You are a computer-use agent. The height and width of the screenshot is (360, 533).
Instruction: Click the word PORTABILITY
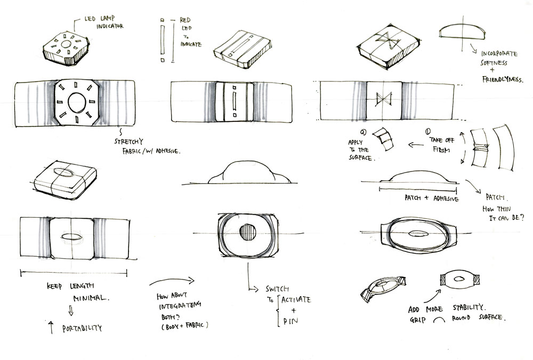point(82,329)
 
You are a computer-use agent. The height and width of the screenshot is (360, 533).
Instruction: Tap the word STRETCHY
point(128,142)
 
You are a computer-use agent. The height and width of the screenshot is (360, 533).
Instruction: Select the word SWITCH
point(277,289)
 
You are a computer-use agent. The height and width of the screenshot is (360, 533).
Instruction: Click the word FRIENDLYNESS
point(503,79)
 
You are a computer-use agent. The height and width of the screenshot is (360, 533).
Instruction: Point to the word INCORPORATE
point(499,54)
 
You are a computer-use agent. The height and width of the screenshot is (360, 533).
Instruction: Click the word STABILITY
point(469,308)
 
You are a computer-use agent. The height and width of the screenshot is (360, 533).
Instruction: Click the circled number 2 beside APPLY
point(363,132)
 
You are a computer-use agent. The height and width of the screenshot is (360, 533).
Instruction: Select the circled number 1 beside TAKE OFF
point(428,132)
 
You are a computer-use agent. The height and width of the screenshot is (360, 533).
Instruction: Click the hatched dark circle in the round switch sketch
point(247,232)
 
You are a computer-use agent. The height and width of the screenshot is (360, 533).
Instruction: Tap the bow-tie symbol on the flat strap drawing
point(384,100)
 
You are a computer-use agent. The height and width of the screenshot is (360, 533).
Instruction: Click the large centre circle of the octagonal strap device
point(77,103)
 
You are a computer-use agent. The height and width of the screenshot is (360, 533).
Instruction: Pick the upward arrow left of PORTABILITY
point(51,327)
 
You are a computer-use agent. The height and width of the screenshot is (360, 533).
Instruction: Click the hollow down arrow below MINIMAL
point(71,310)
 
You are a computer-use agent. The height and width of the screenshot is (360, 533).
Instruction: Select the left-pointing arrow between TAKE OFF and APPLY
point(415,145)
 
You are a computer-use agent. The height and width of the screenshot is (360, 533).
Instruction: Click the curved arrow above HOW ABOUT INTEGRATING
point(172,281)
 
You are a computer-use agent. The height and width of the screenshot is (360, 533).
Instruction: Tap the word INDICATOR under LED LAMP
point(110,26)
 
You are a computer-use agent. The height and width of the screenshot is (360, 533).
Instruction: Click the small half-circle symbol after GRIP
point(440,320)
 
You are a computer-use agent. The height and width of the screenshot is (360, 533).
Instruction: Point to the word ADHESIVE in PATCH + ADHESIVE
point(446,198)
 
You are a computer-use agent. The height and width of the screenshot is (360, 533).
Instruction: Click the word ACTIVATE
point(296,299)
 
